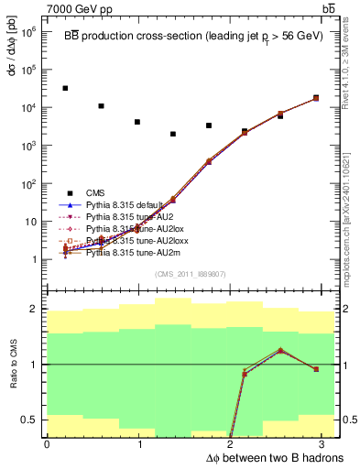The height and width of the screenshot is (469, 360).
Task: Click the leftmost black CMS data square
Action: pos(65,88)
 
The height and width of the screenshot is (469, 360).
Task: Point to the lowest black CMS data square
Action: pos(172,134)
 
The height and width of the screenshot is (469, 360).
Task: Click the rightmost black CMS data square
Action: pos(316,97)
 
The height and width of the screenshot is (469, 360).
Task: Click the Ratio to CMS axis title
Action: pos(13,365)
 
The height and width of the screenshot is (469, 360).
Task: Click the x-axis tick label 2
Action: pos(233,444)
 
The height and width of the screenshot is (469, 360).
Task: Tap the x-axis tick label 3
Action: pos(326,444)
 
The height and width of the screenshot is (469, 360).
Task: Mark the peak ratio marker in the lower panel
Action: pos(280,350)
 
